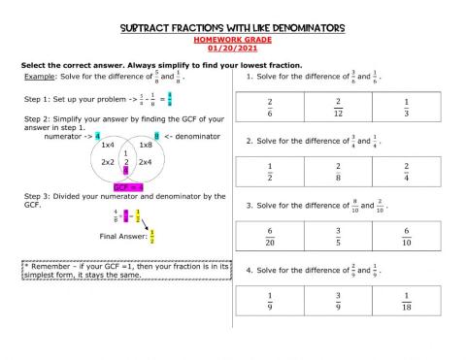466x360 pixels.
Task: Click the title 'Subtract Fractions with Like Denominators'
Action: click(x=232, y=28)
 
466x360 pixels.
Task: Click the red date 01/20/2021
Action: click(x=233, y=47)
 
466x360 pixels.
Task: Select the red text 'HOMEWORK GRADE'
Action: click(x=233, y=38)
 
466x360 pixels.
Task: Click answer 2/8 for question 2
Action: click(x=338, y=172)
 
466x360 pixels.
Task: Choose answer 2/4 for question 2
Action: click(x=406, y=172)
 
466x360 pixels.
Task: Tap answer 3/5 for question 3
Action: click(x=338, y=236)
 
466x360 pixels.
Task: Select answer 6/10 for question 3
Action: click(x=406, y=236)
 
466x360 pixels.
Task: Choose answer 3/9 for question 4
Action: click(x=338, y=300)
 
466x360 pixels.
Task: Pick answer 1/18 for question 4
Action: click(x=406, y=300)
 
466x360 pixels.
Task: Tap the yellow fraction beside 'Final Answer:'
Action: click(x=152, y=235)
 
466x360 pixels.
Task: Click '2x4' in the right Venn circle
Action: click(x=145, y=162)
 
